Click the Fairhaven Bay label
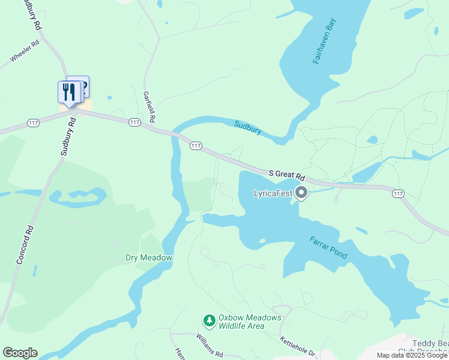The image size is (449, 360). tap(324, 41)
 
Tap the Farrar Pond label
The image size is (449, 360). tap(328, 247)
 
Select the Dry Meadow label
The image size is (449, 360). tap(149, 258)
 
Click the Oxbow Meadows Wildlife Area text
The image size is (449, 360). tap(241, 322)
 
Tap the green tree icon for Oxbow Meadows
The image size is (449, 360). tap(209, 322)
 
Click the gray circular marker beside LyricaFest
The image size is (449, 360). tap(301, 193)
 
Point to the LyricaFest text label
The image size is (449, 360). tap(273, 193)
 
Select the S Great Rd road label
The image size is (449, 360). tap(287, 175)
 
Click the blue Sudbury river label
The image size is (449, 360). tap(247, 127)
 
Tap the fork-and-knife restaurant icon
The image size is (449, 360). tap(69, 92)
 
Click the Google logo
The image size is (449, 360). tap(20, 353)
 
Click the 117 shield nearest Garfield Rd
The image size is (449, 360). tap(134, 122)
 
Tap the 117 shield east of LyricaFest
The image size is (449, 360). tap(397, 193)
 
